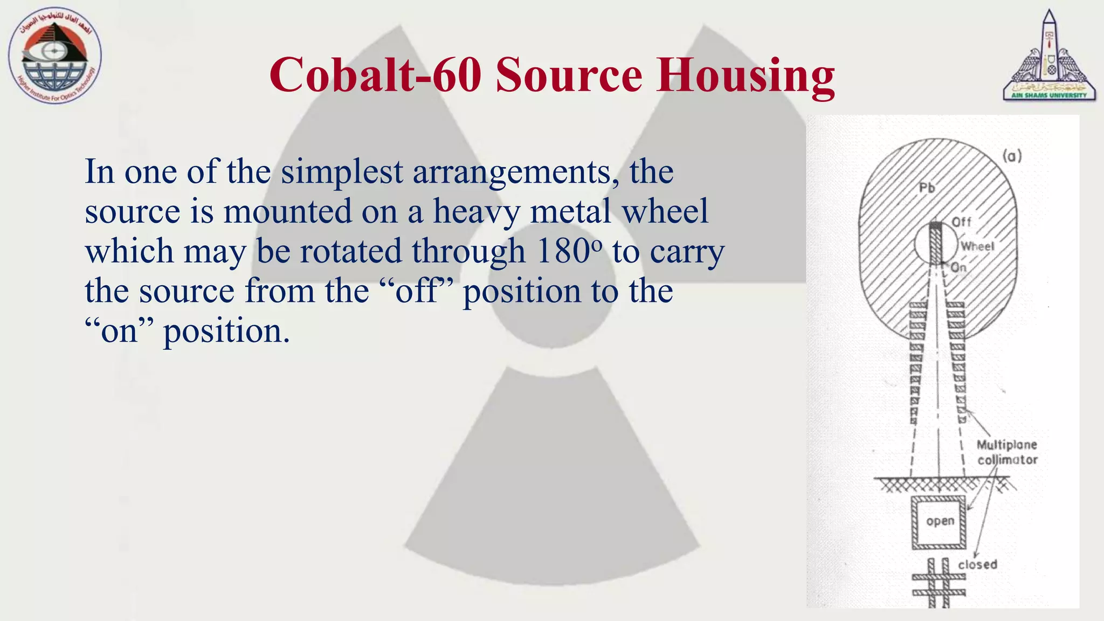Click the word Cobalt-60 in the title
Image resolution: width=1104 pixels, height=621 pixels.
click(x=375, y=75)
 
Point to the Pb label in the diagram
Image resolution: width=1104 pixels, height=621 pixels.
click(x=927, y=188)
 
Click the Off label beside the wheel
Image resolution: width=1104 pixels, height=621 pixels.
click(x=961, y=222)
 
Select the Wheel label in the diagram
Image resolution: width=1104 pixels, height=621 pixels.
click(x=977, y=246)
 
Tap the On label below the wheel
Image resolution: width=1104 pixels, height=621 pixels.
click(x=958, y=267)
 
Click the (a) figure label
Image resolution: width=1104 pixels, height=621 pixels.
click(x=1012, y=156)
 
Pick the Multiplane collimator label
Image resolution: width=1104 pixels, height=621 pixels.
click(x=1007, y=452)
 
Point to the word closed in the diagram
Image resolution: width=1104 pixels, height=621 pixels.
click(x=977, y=564)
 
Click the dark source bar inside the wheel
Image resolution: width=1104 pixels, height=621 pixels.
click(x=936, y=243)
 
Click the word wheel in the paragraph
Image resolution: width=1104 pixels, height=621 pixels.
click(x=665, y=211)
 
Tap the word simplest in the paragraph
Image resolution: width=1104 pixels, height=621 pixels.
click(x=342, y=171)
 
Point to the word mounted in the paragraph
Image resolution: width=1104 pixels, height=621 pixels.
click(x=287, y=211)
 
